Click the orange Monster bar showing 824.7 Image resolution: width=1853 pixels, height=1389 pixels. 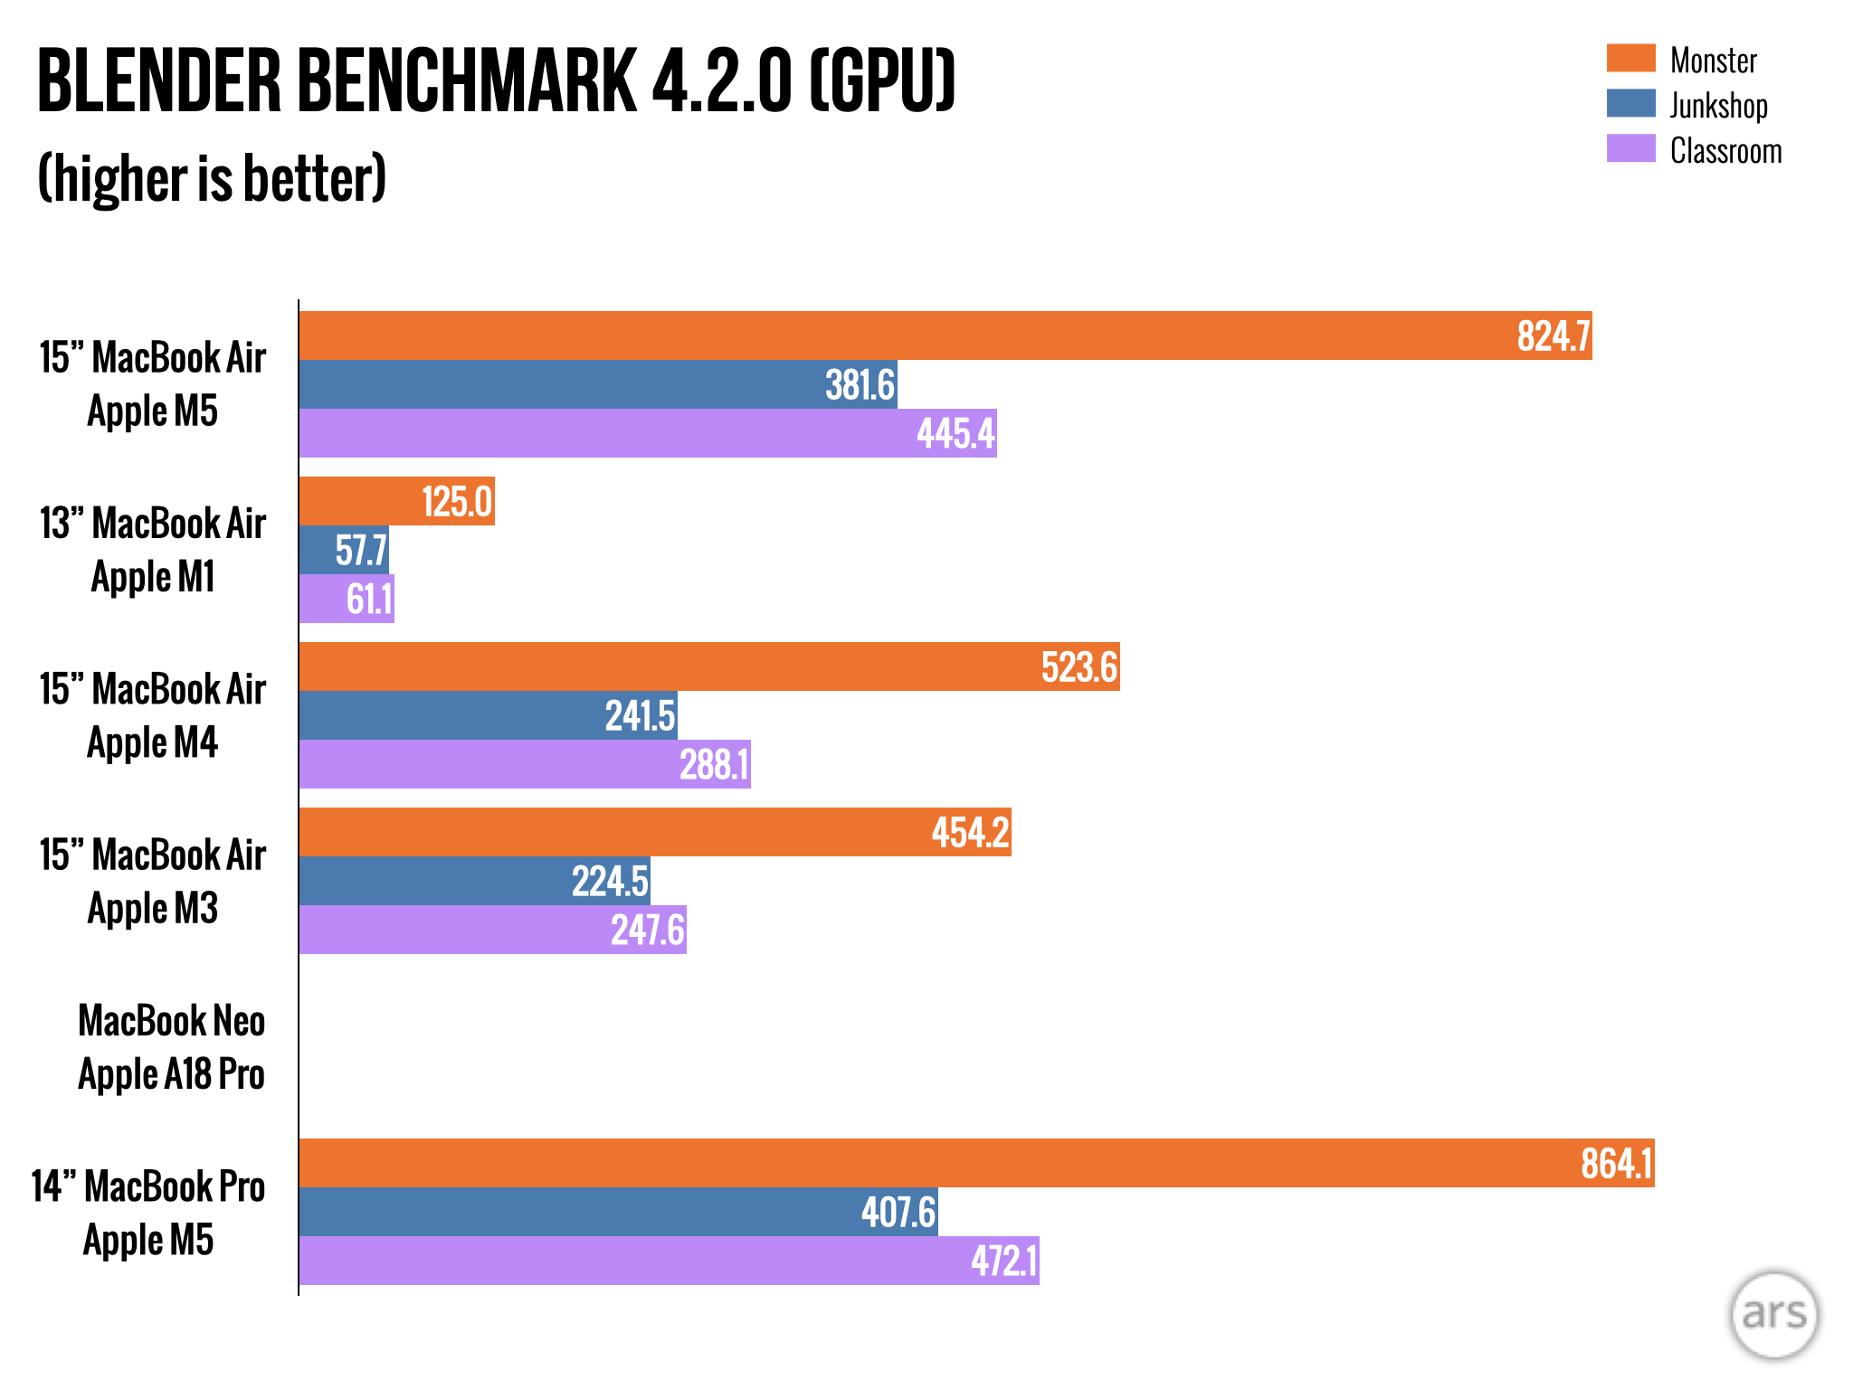click(x=945, y=335)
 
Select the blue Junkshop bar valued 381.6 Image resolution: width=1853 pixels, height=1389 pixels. click(x=597, y=384)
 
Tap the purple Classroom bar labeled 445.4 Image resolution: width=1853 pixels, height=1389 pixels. click(x=648, y=433)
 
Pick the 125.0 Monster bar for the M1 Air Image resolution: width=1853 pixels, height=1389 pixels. click(x=396, y=501)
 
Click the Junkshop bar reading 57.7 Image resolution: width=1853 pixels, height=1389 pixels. click(x=344, y=550)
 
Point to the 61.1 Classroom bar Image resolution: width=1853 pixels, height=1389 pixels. click(x=347, y=599)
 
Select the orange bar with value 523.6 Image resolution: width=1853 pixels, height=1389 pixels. click(x=709, y=666)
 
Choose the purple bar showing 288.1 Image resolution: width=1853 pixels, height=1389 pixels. click(x=525, y=764)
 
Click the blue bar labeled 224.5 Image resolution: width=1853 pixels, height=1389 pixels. click(x=474, y=881)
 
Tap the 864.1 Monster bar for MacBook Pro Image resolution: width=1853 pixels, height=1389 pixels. click(x=976, y=1163)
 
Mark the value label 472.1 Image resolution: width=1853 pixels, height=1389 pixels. click(x=1003, y=1261)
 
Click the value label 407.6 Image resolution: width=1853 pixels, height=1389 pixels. click(x=898, y=1212)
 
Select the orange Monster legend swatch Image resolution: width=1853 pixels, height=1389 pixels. click(x=1630, y=58)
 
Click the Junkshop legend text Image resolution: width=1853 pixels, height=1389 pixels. click(x=1718, y=105)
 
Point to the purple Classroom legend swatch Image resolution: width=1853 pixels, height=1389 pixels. click(x=1630, y=148)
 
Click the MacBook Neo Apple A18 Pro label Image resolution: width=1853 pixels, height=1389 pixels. click(x=171, y=1047)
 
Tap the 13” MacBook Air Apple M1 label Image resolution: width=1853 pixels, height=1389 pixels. click(x=153, y=550)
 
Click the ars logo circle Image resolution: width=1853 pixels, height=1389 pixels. click(x=1773, y=1315)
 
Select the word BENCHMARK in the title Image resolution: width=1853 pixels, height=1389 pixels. click(x=467, y=81)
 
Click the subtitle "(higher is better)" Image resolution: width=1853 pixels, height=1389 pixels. click(x=212, y=178)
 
